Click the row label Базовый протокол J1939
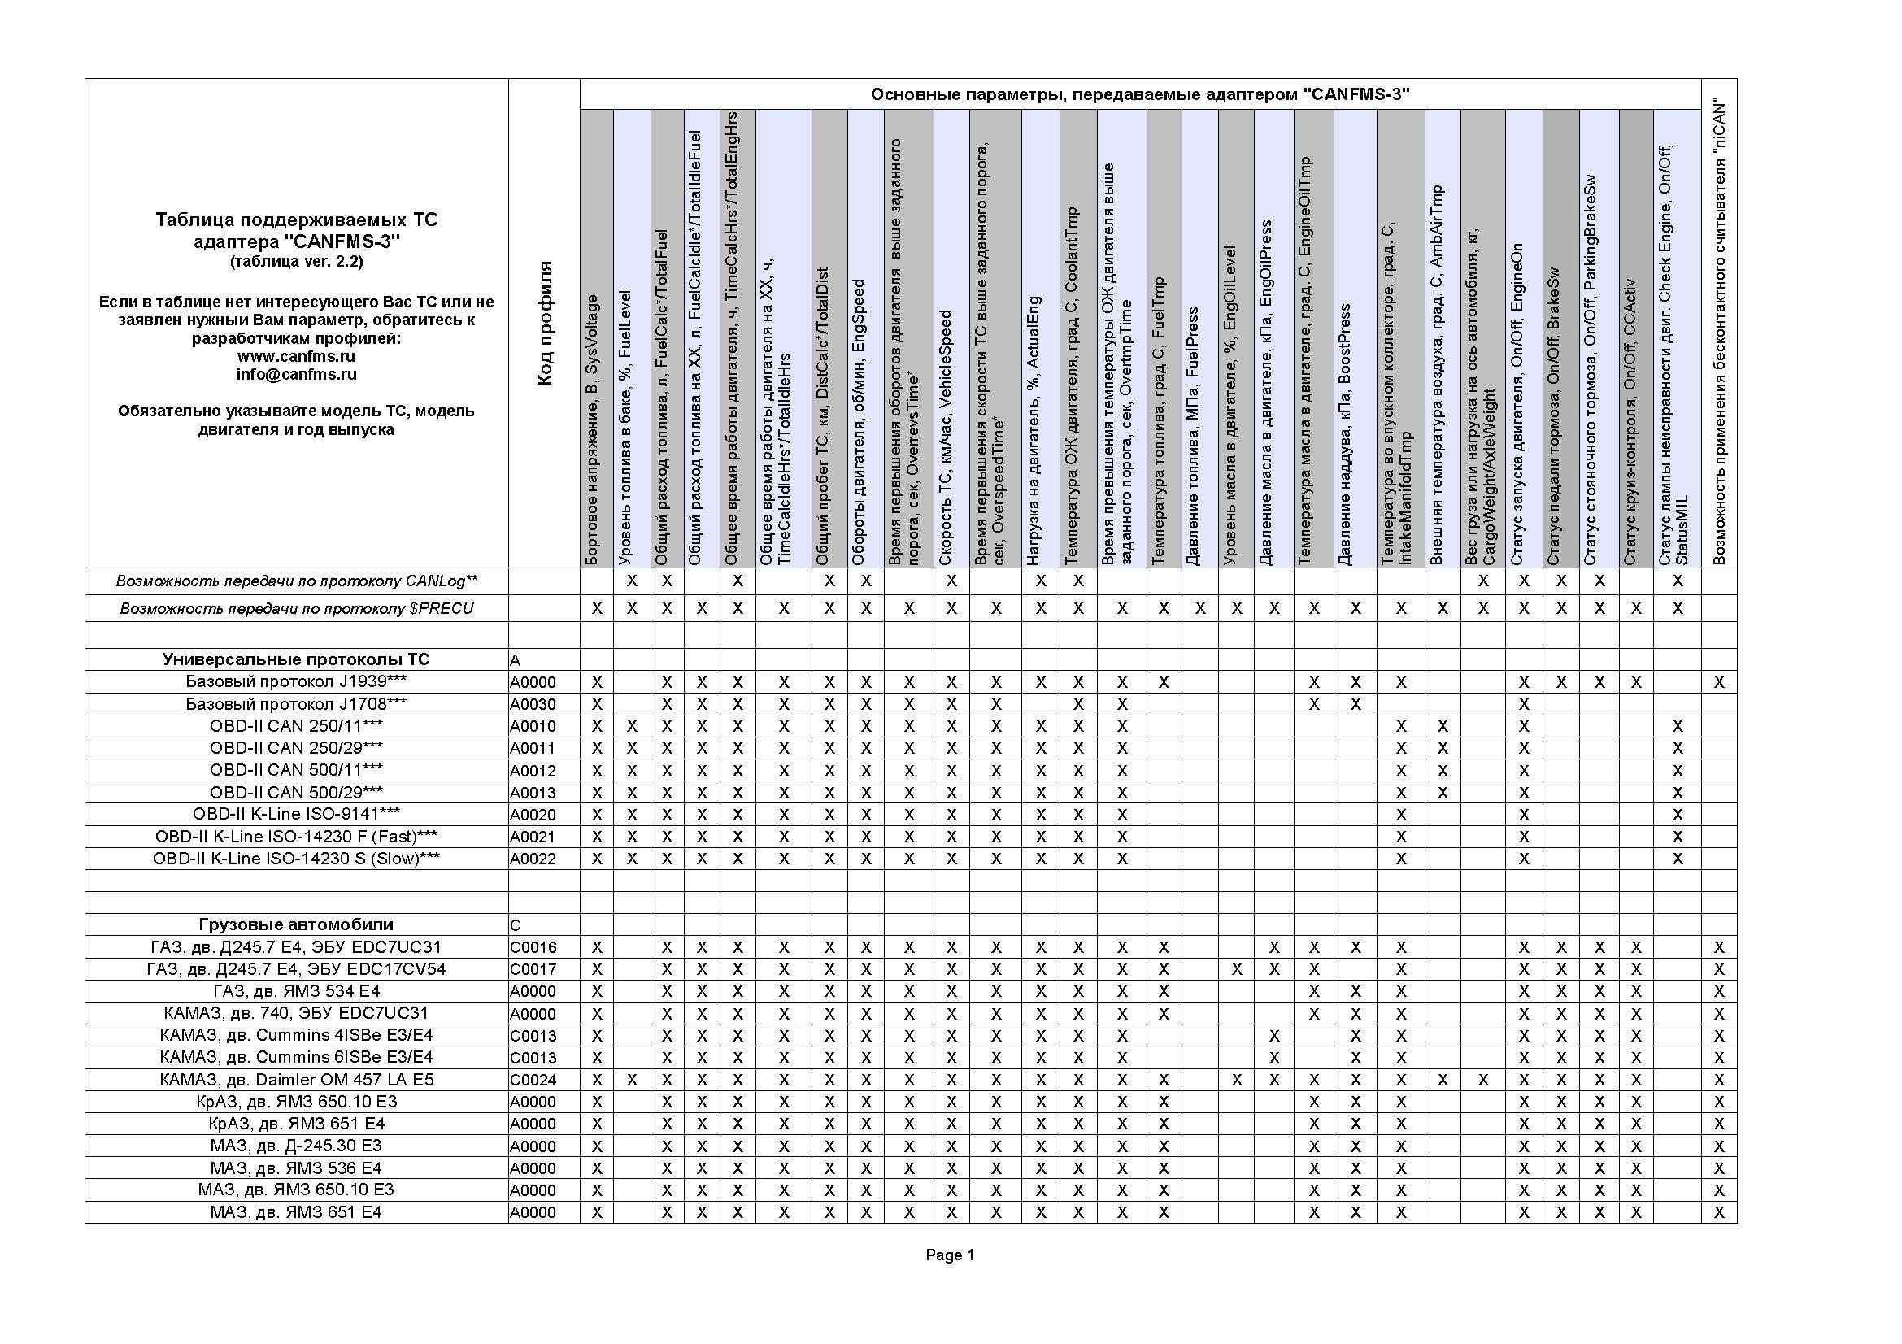[x=296, y=681]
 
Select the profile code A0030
[x=533, y=705]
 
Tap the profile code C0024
[x=533, y=1080]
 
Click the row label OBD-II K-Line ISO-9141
[x=296, y=814]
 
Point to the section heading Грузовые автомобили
[x=296, y=924]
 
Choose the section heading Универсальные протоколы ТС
[x=296, y=659]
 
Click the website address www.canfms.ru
[x=296, y=356]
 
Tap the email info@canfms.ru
[x=296, y=374]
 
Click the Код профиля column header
[x=544, y=323]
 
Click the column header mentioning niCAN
[x=1720, y=331]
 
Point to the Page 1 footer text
[x=949, y=1255]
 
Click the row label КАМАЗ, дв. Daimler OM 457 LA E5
[x=296, y=1080]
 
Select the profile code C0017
[x=533, y=969]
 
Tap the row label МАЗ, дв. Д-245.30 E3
[x=296, y=1146]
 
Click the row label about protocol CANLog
[x=296, y=581]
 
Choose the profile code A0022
[x=533, y=859]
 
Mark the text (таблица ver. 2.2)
[x=296, y=262]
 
